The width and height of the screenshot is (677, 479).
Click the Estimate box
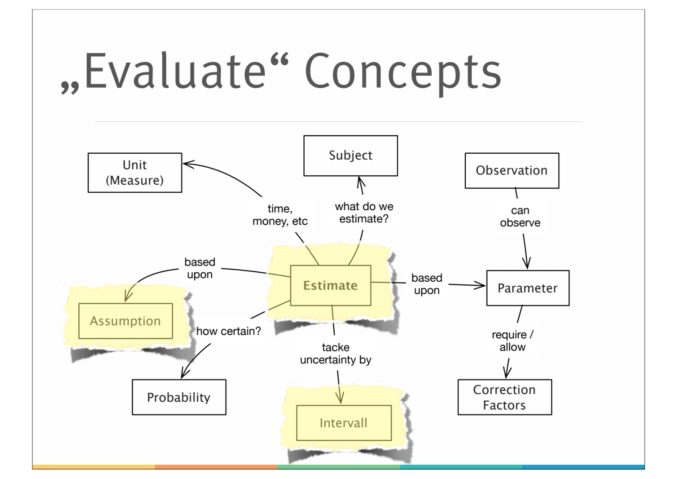(330, 285)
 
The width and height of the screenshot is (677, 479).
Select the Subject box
(350, 155)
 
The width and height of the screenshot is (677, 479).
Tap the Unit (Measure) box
(135, 173)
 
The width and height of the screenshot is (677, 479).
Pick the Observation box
(512, 170)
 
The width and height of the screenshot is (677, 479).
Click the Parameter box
(528, 288)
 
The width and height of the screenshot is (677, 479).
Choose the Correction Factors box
(504, 397)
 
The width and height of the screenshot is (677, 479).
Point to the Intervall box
(344, 423)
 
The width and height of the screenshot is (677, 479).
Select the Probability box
(179, 397)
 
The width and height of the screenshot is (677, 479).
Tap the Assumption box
(125, 321)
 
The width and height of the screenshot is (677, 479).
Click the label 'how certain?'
(228, 331)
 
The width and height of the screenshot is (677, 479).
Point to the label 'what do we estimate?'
(364, 213)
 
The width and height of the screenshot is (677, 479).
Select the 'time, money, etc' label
(280, 215)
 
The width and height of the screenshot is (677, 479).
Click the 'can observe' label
(520, 216)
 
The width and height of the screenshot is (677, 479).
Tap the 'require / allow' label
(512, 341)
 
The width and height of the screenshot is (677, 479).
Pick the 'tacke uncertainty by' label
(336, 354)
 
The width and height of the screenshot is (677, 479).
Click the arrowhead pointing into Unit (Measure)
(187, 164)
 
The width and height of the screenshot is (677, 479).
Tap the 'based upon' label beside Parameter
(427, 284)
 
